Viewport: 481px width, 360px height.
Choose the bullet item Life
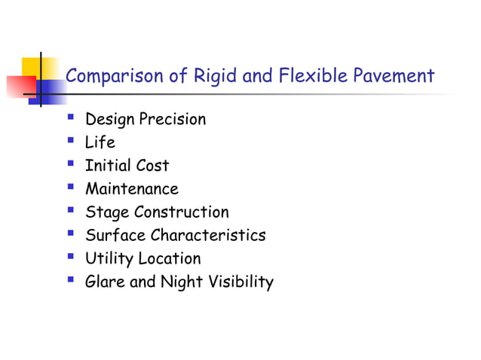[100, 142]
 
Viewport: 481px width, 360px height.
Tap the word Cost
[152, 166]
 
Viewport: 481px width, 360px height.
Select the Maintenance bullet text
[131, 189]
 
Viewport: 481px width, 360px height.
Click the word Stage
[105, 213]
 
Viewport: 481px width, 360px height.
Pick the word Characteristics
[208, 236]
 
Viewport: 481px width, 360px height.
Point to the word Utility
[107, 260]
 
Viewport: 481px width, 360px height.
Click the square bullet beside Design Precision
[70, 117]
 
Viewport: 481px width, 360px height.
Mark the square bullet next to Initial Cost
[70, 164]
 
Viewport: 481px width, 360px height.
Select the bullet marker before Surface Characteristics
[70, 234]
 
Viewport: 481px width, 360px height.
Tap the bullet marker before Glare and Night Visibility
[70, 282]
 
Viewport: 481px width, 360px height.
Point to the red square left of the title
[18, 84]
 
